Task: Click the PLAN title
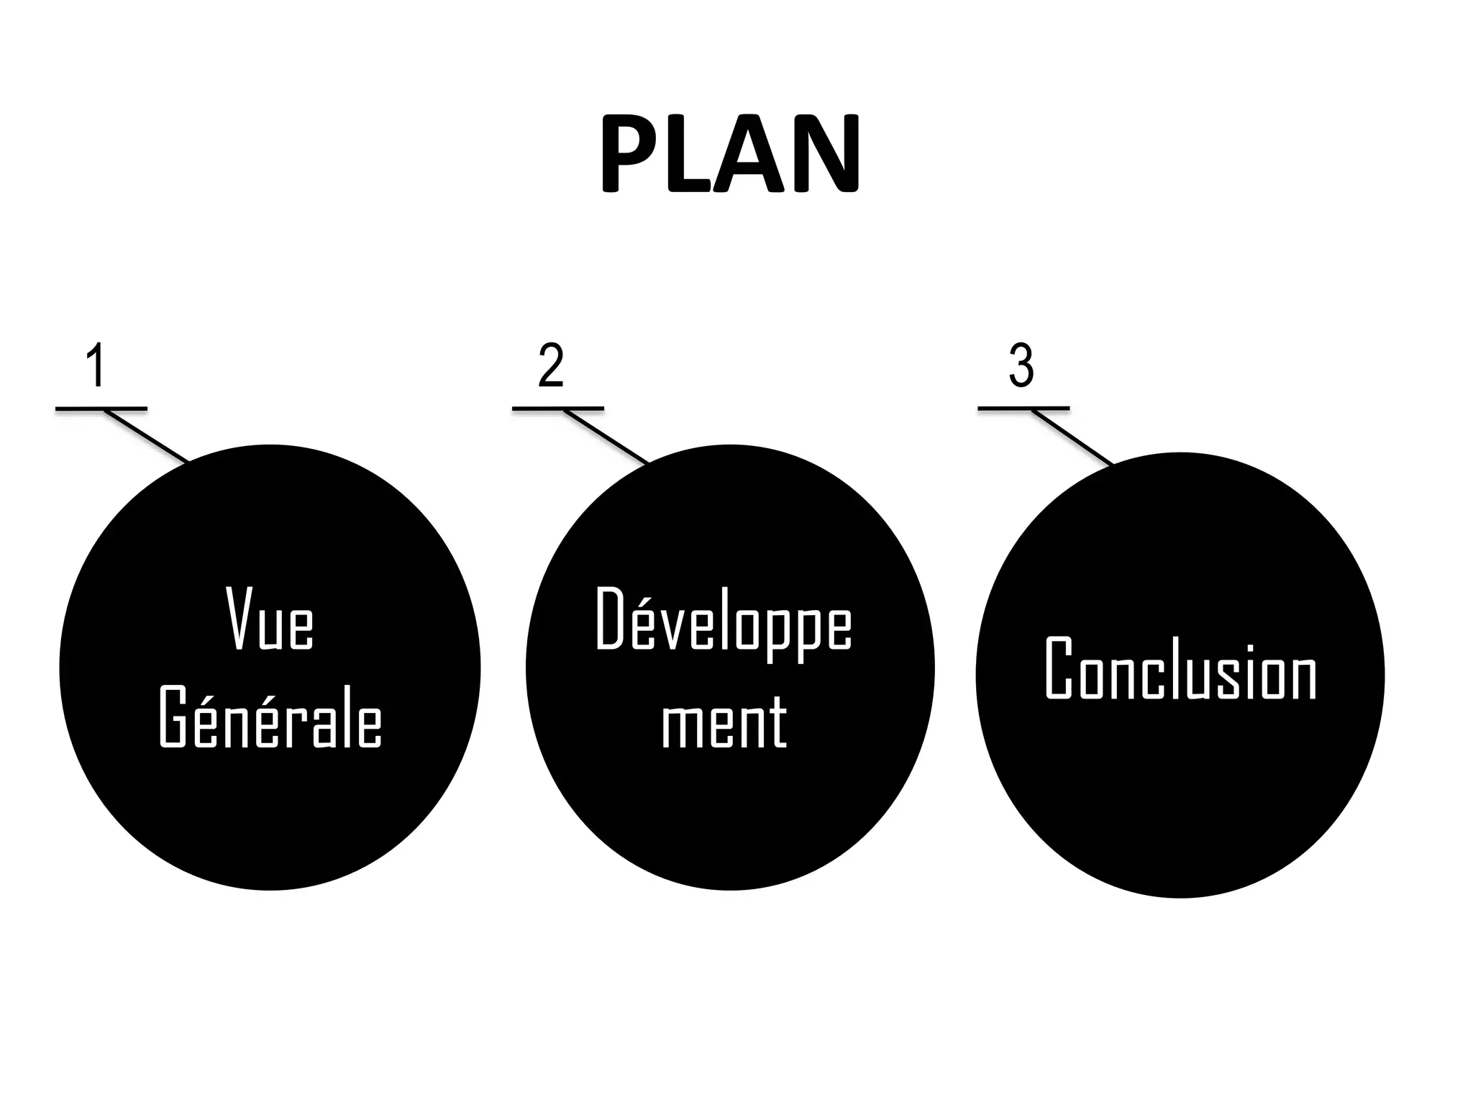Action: [729, 154]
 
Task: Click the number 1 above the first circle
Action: [96, 365]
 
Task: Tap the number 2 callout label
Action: [551, 365]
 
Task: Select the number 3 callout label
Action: [1021, 365]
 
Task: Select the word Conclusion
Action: [1180, 669]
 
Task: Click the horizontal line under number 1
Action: [101, 409]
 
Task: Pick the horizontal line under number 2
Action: [558, 409]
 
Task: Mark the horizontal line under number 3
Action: [1023, 409]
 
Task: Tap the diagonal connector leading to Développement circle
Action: [606, 437]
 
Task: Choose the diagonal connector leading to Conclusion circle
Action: [1072, 437]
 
